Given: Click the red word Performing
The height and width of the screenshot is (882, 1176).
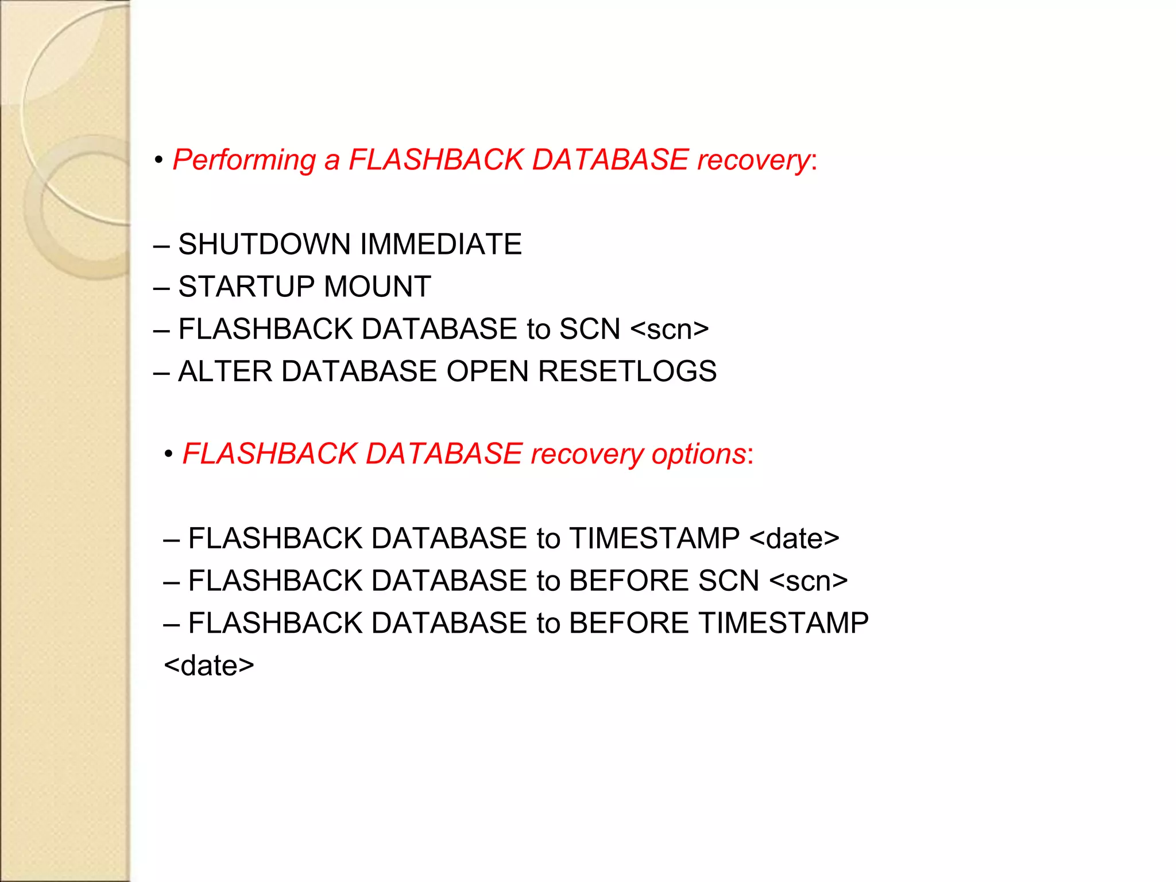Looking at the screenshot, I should point(244,160).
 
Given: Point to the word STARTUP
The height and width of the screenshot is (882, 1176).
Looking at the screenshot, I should point(246,287).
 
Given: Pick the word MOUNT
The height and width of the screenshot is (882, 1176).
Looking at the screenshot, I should point(377,287).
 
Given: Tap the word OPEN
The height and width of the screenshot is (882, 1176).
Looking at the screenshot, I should point(487,372).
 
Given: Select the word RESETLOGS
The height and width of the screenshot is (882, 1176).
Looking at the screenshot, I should point(627,372).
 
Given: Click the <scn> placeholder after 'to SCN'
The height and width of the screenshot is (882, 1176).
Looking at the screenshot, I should point(670,330).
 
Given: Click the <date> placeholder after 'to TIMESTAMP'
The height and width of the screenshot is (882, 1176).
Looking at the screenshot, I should point(794,539).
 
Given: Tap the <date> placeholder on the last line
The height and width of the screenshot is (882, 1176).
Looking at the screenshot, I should point(209,666).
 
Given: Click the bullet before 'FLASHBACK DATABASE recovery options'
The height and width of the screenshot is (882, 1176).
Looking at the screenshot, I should point(168,455).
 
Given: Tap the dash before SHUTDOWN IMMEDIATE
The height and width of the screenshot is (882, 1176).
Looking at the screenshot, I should point(161,246).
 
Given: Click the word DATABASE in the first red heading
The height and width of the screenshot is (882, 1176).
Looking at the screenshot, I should point(610,160).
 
